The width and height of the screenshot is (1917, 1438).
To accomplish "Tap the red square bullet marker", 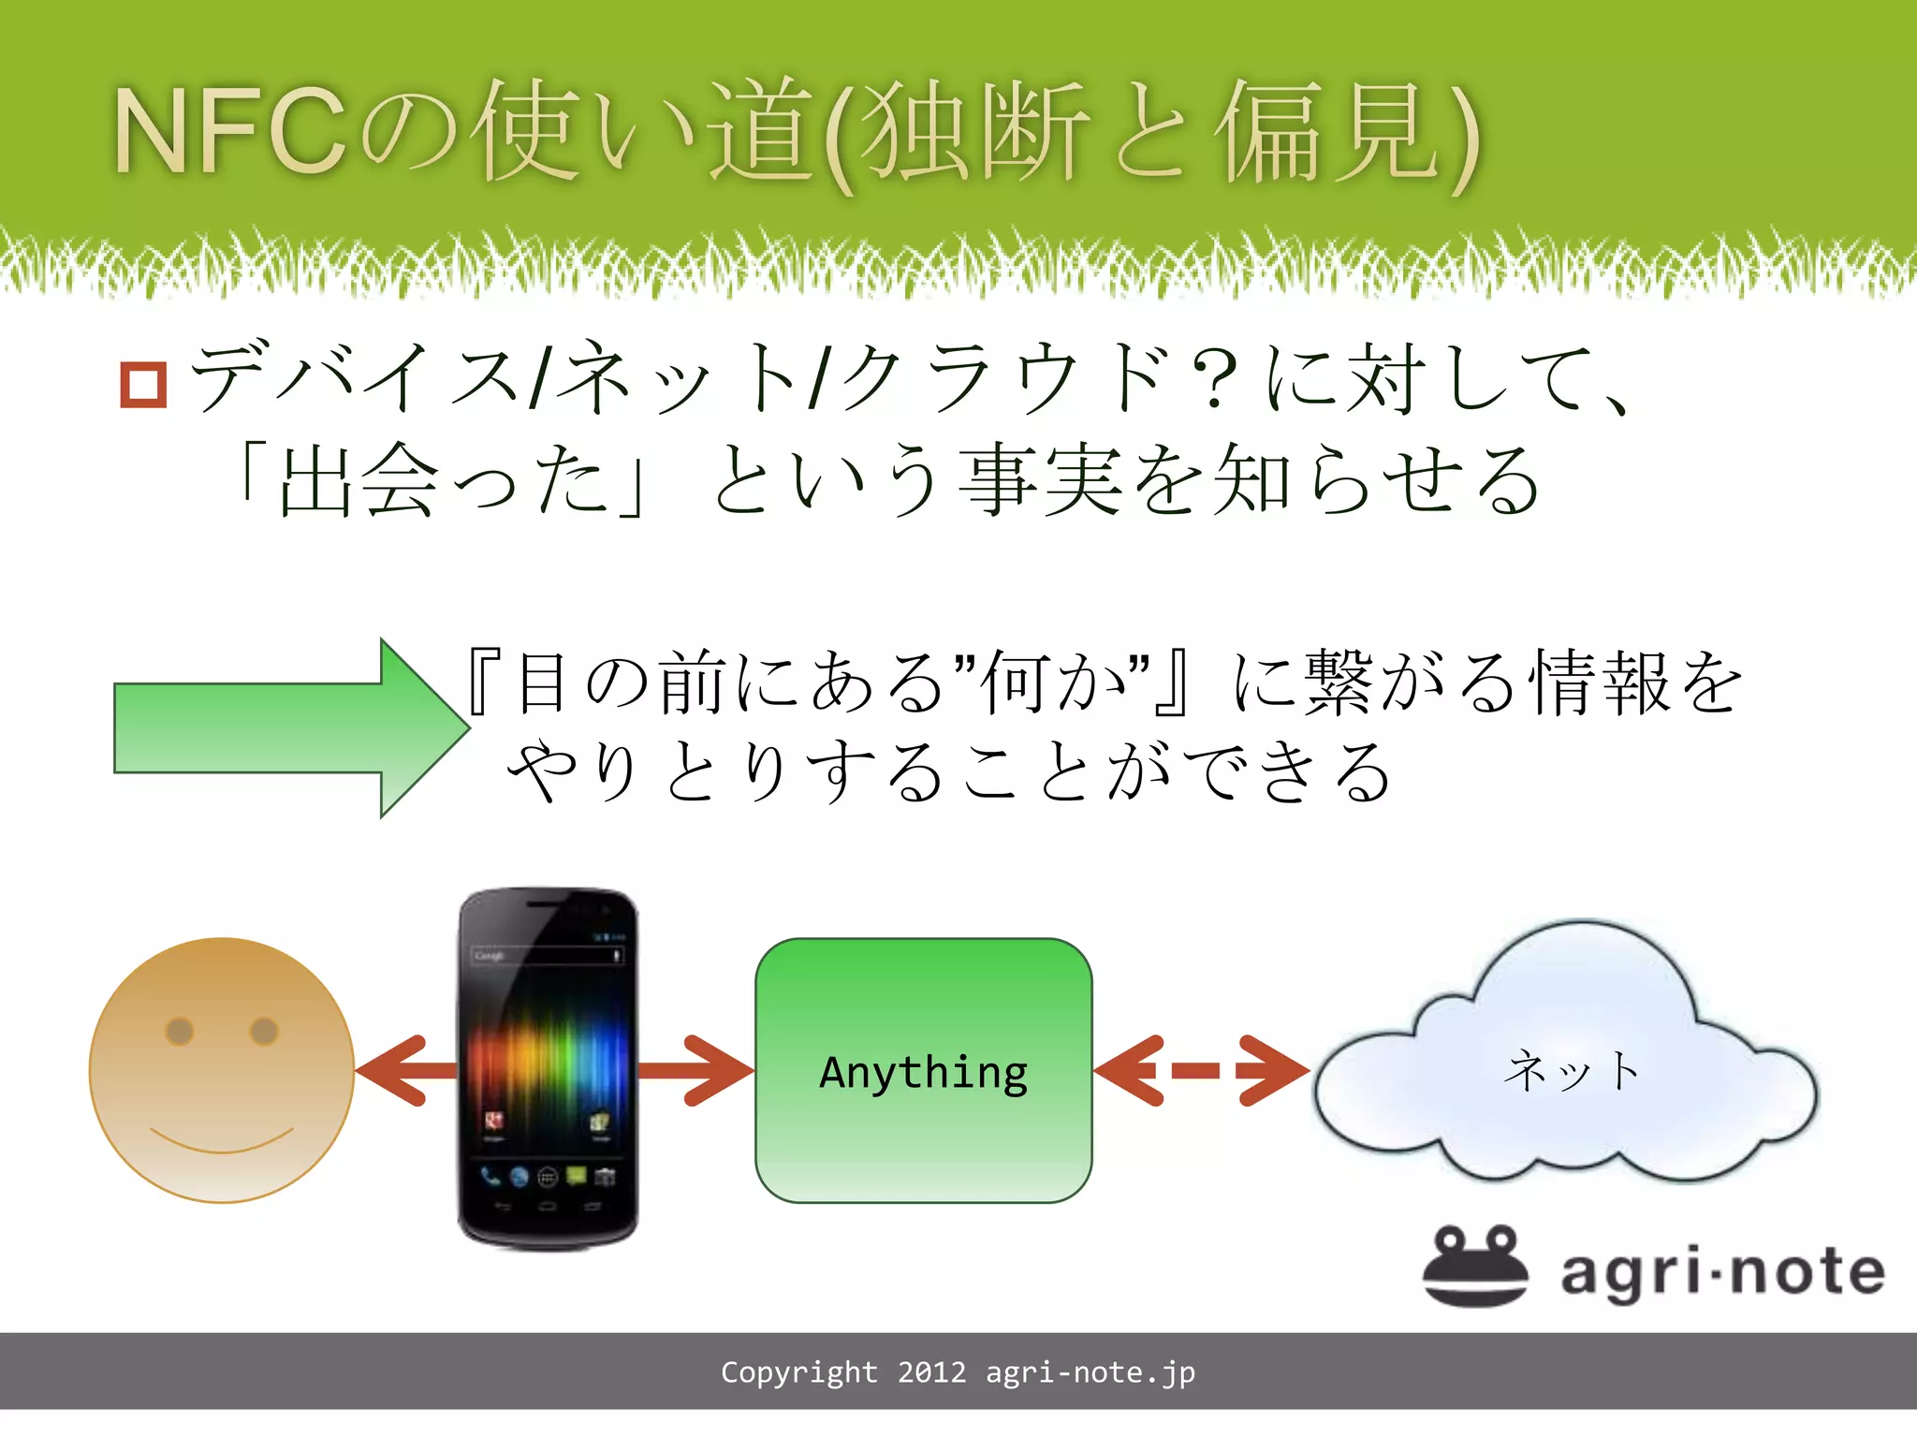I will (x=143, y=385).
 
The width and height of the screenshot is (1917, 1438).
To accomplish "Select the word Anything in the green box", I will (x=923, y=1073).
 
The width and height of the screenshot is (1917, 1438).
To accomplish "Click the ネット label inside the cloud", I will (x=1572, y=1069).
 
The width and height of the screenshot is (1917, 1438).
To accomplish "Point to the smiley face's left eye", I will (x=179, y=1031).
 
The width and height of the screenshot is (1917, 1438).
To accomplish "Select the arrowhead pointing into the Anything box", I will (x=721, y=1070).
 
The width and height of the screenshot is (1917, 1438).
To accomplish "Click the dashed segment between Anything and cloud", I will (x=1195, y=1070).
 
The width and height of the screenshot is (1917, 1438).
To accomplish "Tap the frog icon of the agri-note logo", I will (x=1475, y=1265).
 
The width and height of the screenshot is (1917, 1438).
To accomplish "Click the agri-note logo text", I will (x=1722, y=1272).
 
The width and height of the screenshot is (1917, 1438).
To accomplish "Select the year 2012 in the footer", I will (x=930, y=1372).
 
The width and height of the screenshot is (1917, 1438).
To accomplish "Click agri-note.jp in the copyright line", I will (x=1090, y=1372).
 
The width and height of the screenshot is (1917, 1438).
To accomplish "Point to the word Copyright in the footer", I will (x=798, y=1372).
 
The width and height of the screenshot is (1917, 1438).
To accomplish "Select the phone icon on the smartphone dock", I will (x=490, y=1176).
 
